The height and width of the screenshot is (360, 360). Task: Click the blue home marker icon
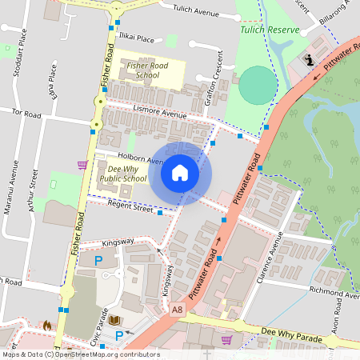180,172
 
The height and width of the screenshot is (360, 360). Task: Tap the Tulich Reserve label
270,30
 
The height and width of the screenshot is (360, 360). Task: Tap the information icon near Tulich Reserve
309,60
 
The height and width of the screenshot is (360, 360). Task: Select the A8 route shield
177,308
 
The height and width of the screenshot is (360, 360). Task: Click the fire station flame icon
47,326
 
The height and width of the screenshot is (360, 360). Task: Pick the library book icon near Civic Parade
115,321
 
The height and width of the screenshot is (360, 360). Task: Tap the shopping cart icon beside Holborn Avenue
82,165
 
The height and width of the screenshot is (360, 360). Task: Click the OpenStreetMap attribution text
81,354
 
